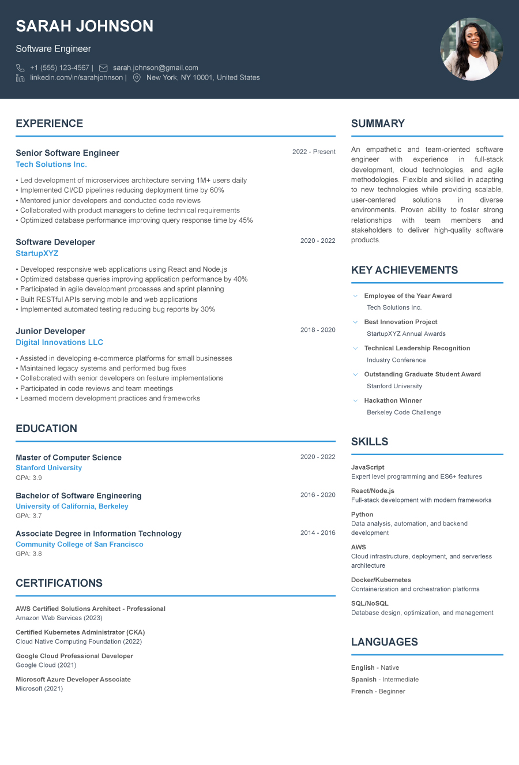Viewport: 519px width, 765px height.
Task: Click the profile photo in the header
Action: click(471, 49)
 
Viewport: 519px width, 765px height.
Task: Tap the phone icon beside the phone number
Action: click(20, 68)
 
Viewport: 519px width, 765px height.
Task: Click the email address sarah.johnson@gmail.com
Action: click(155, 67)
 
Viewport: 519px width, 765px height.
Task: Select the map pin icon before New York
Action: click(137, 78)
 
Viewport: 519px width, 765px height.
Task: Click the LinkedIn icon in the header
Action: click(20, 78)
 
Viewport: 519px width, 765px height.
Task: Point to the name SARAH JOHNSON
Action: click(84, 26)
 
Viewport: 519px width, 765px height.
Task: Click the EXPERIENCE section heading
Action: click(49, 123)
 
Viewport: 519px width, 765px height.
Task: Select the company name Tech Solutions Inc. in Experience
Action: click(51, 164)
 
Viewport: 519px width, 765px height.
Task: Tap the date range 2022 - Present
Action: click(314, 152)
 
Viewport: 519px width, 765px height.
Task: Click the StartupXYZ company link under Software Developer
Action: click(37, 253)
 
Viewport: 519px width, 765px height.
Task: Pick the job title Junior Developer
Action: click(50, 331)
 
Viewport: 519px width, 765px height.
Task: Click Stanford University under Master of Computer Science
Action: click(48, 468)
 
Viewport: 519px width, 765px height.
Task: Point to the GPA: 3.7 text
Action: click(29, 516)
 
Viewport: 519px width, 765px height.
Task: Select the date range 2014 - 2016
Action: click(318, 533)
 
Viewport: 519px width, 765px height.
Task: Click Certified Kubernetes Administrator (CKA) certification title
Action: click(80, 632)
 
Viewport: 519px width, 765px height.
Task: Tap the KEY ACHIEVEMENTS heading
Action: click(404, 270)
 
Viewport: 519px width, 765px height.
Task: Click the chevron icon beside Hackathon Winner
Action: click(355, 400)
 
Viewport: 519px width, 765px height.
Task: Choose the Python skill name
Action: click(362, 515)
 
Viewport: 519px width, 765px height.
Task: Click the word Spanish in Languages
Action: click(363, 680)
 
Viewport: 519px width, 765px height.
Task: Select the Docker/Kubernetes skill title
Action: click(381, 580)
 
